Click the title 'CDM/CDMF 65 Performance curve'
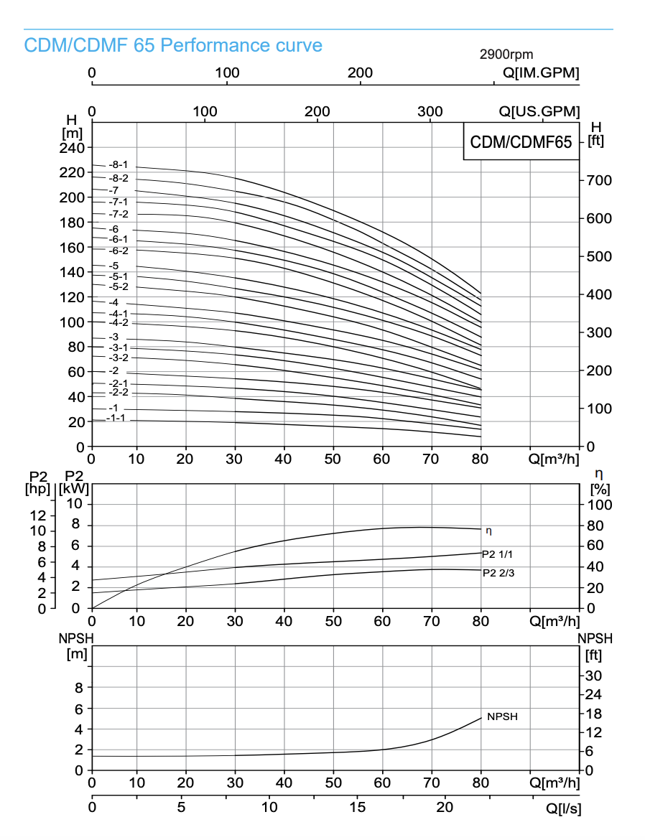(173, 46)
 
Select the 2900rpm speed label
(506, 55)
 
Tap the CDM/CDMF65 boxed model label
(521, 142)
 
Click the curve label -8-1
(118, 164)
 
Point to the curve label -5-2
(118, 286)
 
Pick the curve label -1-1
(116, 418)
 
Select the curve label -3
(113, 337)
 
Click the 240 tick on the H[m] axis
(75, 147)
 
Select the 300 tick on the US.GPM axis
(430, 111)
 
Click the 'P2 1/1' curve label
(497, 554)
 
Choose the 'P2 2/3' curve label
(498, 573)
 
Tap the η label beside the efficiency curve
(489, 531)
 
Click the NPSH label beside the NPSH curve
(502, 717)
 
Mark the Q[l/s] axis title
(563, 808)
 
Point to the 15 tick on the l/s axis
(357, 807)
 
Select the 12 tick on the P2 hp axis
(37, 515)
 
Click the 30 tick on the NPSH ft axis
(595, 676)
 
